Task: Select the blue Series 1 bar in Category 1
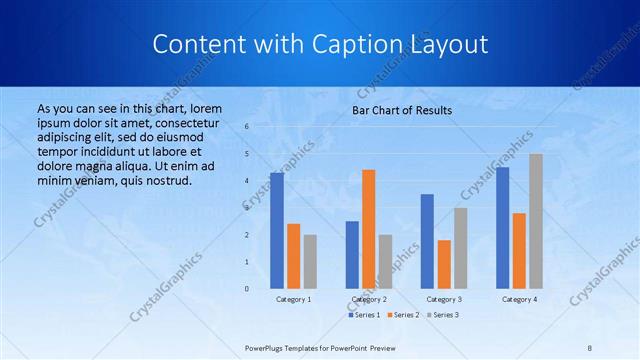(277, 230)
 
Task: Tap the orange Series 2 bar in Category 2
(369, 229)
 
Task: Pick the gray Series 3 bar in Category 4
(536, 221)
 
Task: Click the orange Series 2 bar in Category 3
(444, 264)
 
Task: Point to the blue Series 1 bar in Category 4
(502, 227)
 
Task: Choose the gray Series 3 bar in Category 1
(310, 261)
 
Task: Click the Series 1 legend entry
(364, 315)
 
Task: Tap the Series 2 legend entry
(402, 315)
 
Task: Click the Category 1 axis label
(294, 299)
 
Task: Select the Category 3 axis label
(444, 299)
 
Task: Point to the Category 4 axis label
(519, 299)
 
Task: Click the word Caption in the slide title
(361, 45)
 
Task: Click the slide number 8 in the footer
(590, 347)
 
